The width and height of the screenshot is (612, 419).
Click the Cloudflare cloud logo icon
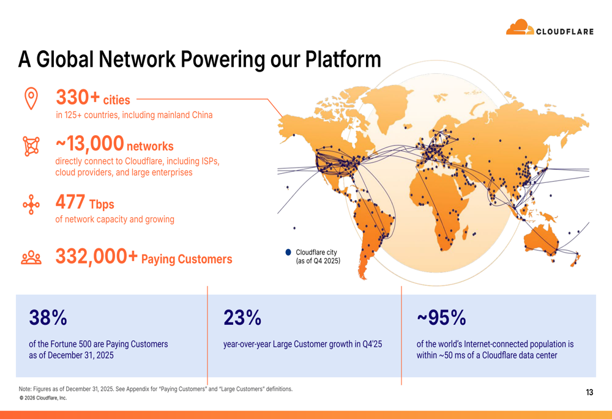pyautogui.click(x=520, y=27)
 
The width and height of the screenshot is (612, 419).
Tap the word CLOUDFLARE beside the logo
pyautogui.click(x=565, y=32)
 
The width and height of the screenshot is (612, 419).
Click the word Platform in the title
pyautogui.click(x=343, y=59)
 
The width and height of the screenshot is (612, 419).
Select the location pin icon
pyautogui.click(x=31, y=98)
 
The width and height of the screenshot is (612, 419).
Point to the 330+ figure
pyautogui.click(x=78, y=97)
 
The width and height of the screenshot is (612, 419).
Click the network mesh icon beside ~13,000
pyautogui.click(x=31, y=146)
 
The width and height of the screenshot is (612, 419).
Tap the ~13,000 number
pyautogui.click(x=90, y=143)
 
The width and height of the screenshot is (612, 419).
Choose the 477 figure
pyautogui.click(x=70, y=202)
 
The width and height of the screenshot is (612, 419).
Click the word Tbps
pyautogui.click(x=102, y=204)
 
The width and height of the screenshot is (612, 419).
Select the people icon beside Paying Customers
pyautogui.click(x=31, y=258)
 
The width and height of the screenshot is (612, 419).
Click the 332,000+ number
pyautogui.click(x=97, y=256)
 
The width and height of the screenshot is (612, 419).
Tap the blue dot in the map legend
pyautogui.click(x=288, y=253)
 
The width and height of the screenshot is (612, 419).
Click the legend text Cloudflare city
pyautogui.click(x=316, y=253)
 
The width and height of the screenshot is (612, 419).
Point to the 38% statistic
pyautogui.click(x=48, y=317)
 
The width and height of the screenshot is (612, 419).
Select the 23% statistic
pyautogui.click(x=242, y=317)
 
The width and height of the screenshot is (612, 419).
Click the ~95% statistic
pyautogui.click(x=441, y=317)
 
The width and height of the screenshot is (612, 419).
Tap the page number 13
pyautogui.click(x=589, y=392)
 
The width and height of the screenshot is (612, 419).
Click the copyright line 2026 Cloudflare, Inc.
pyautogui.click(x=43, y=398)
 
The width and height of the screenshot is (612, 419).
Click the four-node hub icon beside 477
pyautogui.click(x=31, y=205)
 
